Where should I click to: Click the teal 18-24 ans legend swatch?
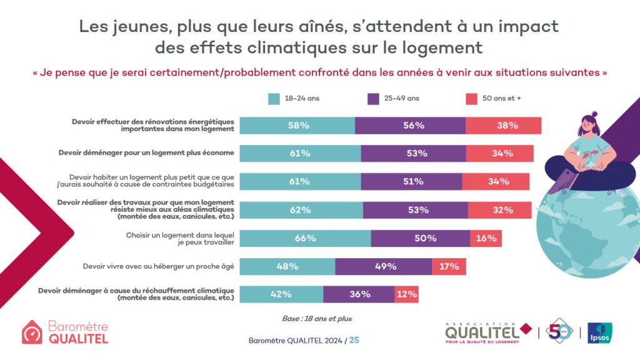[x=274, y=99]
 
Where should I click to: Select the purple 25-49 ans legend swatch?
[x=374, y=99]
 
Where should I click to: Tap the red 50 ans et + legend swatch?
[x=472, y=99]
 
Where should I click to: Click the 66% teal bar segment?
[x=305, y=238]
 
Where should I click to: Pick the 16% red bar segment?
[x=486, y=238]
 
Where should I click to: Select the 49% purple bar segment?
[x=383, y=266]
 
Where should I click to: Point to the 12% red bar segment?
[x=406, y=294]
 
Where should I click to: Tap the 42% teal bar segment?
[x=281, y=294]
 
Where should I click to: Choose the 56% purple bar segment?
[x=410, y=125]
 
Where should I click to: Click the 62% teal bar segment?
[x=301, y=210]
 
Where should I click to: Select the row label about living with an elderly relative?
[x=158, y=266]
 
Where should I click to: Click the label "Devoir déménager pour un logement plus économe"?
[x=146, y=152]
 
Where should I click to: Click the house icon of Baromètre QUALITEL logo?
[x=32, y=332]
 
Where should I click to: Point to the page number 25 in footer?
[x=354, y=341]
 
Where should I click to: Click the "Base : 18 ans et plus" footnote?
[x=317, y=319]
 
